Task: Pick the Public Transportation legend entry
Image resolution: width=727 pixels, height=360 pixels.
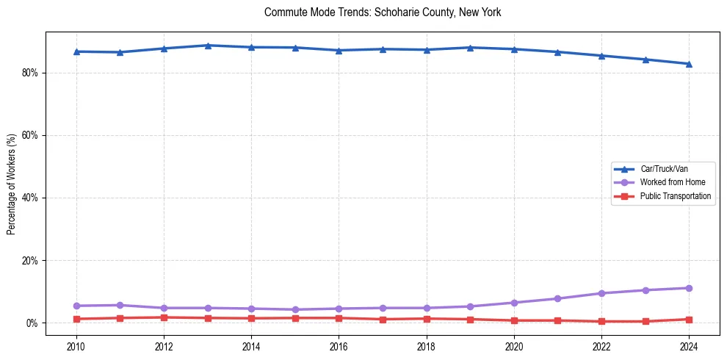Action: tap(675, 196)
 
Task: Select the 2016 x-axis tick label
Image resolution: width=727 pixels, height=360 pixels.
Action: tap(339, 345)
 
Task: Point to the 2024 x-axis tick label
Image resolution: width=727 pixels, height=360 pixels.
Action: tap(689, 345)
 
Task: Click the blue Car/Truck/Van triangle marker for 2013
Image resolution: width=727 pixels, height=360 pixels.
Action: tap(208, 46)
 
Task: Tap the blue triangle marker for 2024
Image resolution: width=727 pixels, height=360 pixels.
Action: tap(689, 64)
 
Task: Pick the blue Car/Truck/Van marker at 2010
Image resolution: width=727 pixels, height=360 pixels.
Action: tap(76, 51)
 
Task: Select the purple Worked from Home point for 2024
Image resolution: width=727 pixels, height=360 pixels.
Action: tap(689, 288)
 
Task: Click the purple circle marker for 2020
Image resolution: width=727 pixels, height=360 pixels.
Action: tap(514, 303)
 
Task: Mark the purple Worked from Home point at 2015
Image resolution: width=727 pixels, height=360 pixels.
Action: tap(295, 309)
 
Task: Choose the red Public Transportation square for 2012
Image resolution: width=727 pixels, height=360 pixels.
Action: tap(164, 317)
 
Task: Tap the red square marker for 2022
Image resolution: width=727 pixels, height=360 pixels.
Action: tap(601, 321)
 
